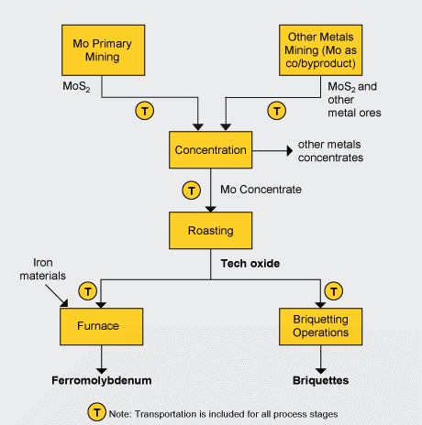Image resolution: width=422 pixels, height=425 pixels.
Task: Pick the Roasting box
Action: click(210, 231)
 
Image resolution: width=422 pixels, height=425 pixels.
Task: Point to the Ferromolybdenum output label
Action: click(102, 378)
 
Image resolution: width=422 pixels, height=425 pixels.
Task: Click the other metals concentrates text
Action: click(330, 151)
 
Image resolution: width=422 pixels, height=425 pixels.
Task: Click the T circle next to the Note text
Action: click(94, 413)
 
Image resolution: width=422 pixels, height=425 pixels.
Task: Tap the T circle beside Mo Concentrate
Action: click(191, 191)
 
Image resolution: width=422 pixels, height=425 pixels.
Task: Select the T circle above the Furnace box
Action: click(88, 291)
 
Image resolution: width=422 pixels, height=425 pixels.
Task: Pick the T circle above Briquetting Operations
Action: click(335, 291)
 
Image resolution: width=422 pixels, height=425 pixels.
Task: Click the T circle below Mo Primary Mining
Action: click(145, 110)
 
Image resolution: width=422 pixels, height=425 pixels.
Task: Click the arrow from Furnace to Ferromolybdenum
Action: click(102, 355)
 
